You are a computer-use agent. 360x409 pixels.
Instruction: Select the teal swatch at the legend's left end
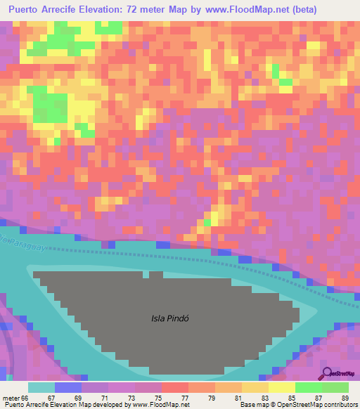(41, 387)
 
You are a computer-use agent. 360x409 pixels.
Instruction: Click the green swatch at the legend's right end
(335, 387)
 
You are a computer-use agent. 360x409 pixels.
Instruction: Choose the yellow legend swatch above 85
(281, 387)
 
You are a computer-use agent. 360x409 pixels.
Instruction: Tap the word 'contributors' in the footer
(337, 405)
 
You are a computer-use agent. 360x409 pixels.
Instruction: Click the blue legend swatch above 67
(68, 387)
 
